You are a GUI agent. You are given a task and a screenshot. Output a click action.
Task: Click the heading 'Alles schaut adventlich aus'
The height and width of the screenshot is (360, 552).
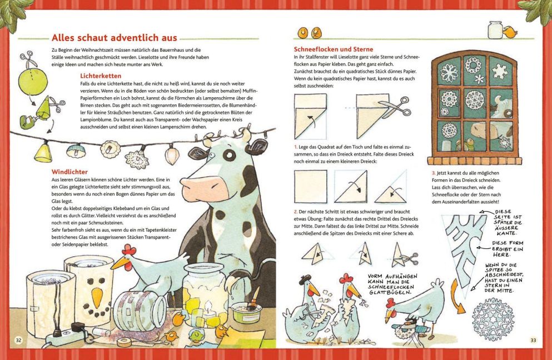coord(115,38)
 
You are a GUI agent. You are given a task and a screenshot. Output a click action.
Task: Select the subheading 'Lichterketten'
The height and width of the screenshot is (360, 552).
coord(101,76)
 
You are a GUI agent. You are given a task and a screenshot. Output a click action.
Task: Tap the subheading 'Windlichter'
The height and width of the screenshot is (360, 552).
coord(69,172)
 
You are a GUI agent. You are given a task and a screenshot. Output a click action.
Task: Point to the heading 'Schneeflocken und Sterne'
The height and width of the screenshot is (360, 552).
coord(334,49)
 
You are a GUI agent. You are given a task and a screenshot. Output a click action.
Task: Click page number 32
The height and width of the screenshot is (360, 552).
coord(19,340)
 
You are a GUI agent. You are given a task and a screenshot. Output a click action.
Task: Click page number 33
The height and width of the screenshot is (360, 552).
coord(533,340)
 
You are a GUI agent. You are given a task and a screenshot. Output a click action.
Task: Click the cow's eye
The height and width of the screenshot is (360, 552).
coord(229,154)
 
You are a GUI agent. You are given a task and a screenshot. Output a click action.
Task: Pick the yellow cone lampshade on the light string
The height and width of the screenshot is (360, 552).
coord(43,152)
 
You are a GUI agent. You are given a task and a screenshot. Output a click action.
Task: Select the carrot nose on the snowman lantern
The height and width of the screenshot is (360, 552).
coord(97,296)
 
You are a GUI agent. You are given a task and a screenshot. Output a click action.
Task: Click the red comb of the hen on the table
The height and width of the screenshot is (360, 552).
coord(129,250)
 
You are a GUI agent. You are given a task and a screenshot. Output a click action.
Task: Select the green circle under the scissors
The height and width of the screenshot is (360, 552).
coord(33,81)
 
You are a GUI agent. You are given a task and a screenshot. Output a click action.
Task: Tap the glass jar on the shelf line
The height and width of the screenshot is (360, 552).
coord(495,29)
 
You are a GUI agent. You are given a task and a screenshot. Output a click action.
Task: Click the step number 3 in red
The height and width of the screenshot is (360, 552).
coord(434,173)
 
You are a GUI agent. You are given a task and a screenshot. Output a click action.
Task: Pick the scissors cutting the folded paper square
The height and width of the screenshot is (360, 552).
coord(395,107)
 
